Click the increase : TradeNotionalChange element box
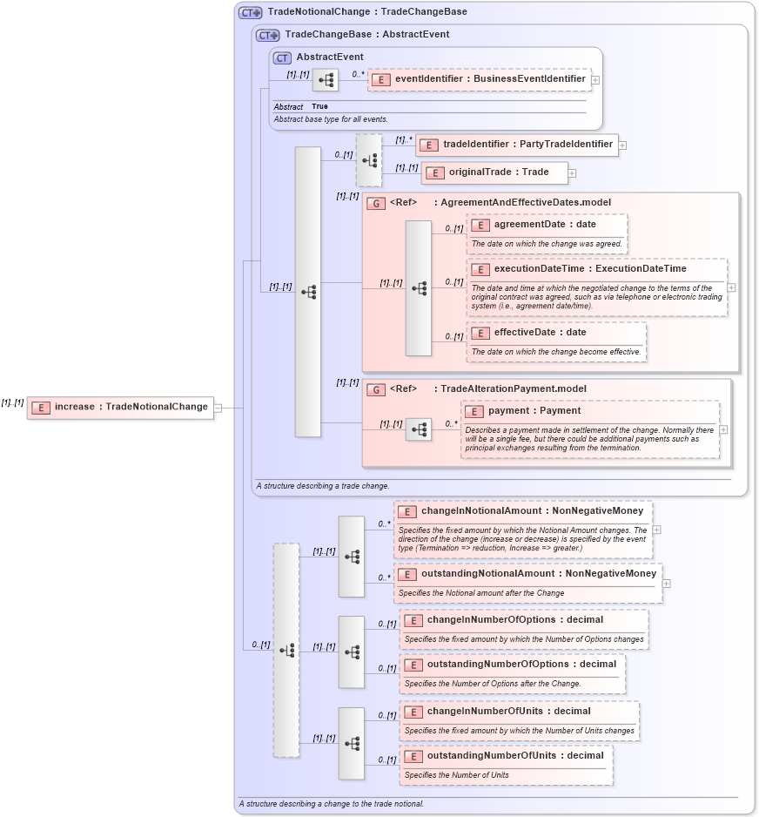(x=120, y=407)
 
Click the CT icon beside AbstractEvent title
(x=282, y=57)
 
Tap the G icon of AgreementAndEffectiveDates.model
(x=376, y=203)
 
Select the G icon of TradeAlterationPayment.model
(x=376, y=389)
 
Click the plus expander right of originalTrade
(x=572, y=173)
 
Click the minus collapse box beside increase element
(x=218, y=407)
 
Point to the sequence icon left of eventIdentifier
(x=326, y=80)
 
